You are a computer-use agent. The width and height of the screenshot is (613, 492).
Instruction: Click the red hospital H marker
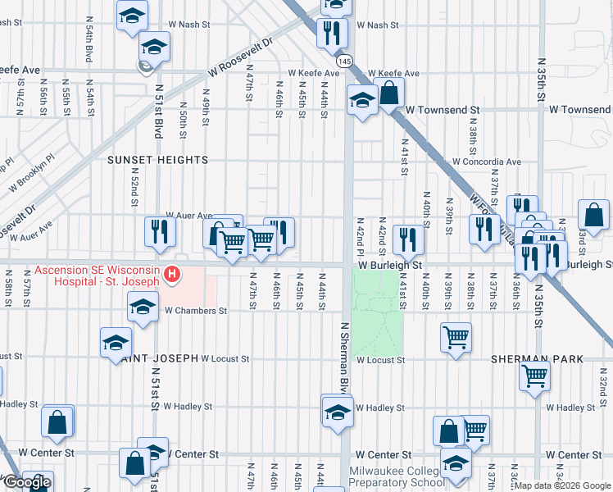(172, 275)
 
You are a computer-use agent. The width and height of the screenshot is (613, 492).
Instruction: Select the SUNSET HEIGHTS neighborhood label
(158, 161)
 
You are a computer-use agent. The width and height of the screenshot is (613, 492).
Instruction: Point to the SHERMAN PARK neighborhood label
(536, 359)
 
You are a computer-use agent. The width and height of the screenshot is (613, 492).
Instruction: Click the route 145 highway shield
(345, 62)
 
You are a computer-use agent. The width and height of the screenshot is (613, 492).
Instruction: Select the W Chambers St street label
(195, 311)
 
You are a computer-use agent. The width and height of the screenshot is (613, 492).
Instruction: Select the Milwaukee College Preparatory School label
(395, 477)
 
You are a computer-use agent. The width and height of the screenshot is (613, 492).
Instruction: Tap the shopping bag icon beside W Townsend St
(389, 93)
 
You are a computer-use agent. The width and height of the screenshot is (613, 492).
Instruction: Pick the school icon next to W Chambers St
(143, 308)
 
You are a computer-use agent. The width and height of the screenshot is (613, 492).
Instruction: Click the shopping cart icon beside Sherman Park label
(534, 376)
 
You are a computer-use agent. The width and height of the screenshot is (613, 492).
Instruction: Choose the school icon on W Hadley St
(337, 412)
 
